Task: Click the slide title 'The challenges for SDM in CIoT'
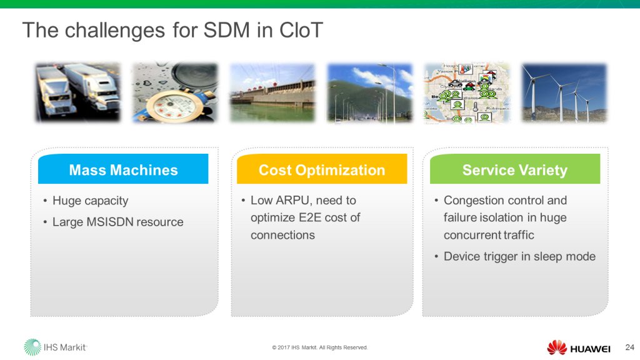coord(172,30)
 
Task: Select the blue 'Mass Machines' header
coord(123,170)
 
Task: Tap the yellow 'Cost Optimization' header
coord(322,170)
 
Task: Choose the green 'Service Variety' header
coord(514,170)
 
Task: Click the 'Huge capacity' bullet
coord(90,201)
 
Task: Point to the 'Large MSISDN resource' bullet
coord(117,222)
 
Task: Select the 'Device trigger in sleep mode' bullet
coord(519,256)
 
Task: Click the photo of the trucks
coord(77,92)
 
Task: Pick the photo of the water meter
coord(174,92)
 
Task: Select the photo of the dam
coord(272,92)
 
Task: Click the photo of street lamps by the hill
coord(369,92)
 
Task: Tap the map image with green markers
coord(466,92)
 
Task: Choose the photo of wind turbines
coord(564,92)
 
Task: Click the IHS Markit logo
coord(56,347)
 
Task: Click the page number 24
coord(629,347)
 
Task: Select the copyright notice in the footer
coord(320,347)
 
